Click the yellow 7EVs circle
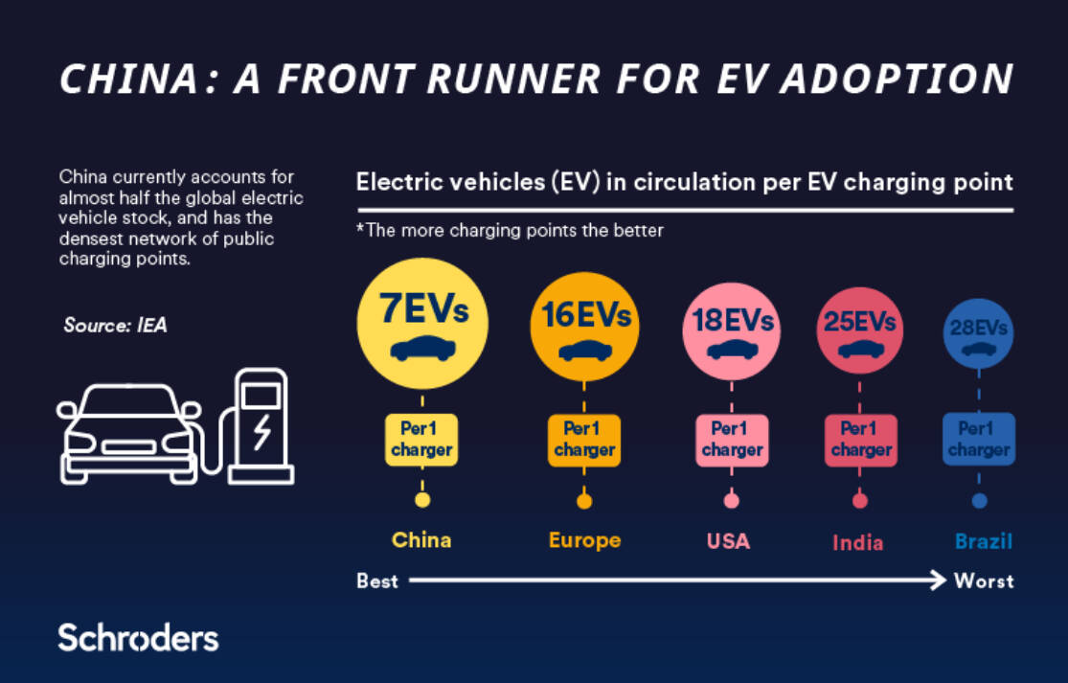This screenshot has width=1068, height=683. (x=422, y=323)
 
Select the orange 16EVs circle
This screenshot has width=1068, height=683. (x=584, y=327)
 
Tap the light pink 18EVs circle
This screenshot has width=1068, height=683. (x=732, y=330)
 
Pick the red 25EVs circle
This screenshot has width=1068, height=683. (x=859, y=330)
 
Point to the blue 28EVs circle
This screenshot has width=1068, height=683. (x=979, y=333)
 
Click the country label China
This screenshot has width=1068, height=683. (x=421, y=540)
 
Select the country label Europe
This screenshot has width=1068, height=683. (x=585, y=540)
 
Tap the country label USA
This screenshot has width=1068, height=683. (x=728, y=541)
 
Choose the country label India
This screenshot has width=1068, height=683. (x=857, y=543)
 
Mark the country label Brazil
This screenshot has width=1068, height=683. (x=984, y=541)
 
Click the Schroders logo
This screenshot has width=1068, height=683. (x=138, y=638)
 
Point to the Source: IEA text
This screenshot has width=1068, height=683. (x=115, y=325)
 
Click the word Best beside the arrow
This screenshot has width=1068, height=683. (x=377, y=581)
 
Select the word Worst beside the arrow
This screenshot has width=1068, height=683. (x=985, y=581)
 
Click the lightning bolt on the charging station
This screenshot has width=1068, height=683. (x=262, y=432)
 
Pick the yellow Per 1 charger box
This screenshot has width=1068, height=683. (x=421, y=440)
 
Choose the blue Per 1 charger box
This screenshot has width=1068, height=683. (x=979, y=440)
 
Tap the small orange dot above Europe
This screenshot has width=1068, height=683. (x=584, y=501)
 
